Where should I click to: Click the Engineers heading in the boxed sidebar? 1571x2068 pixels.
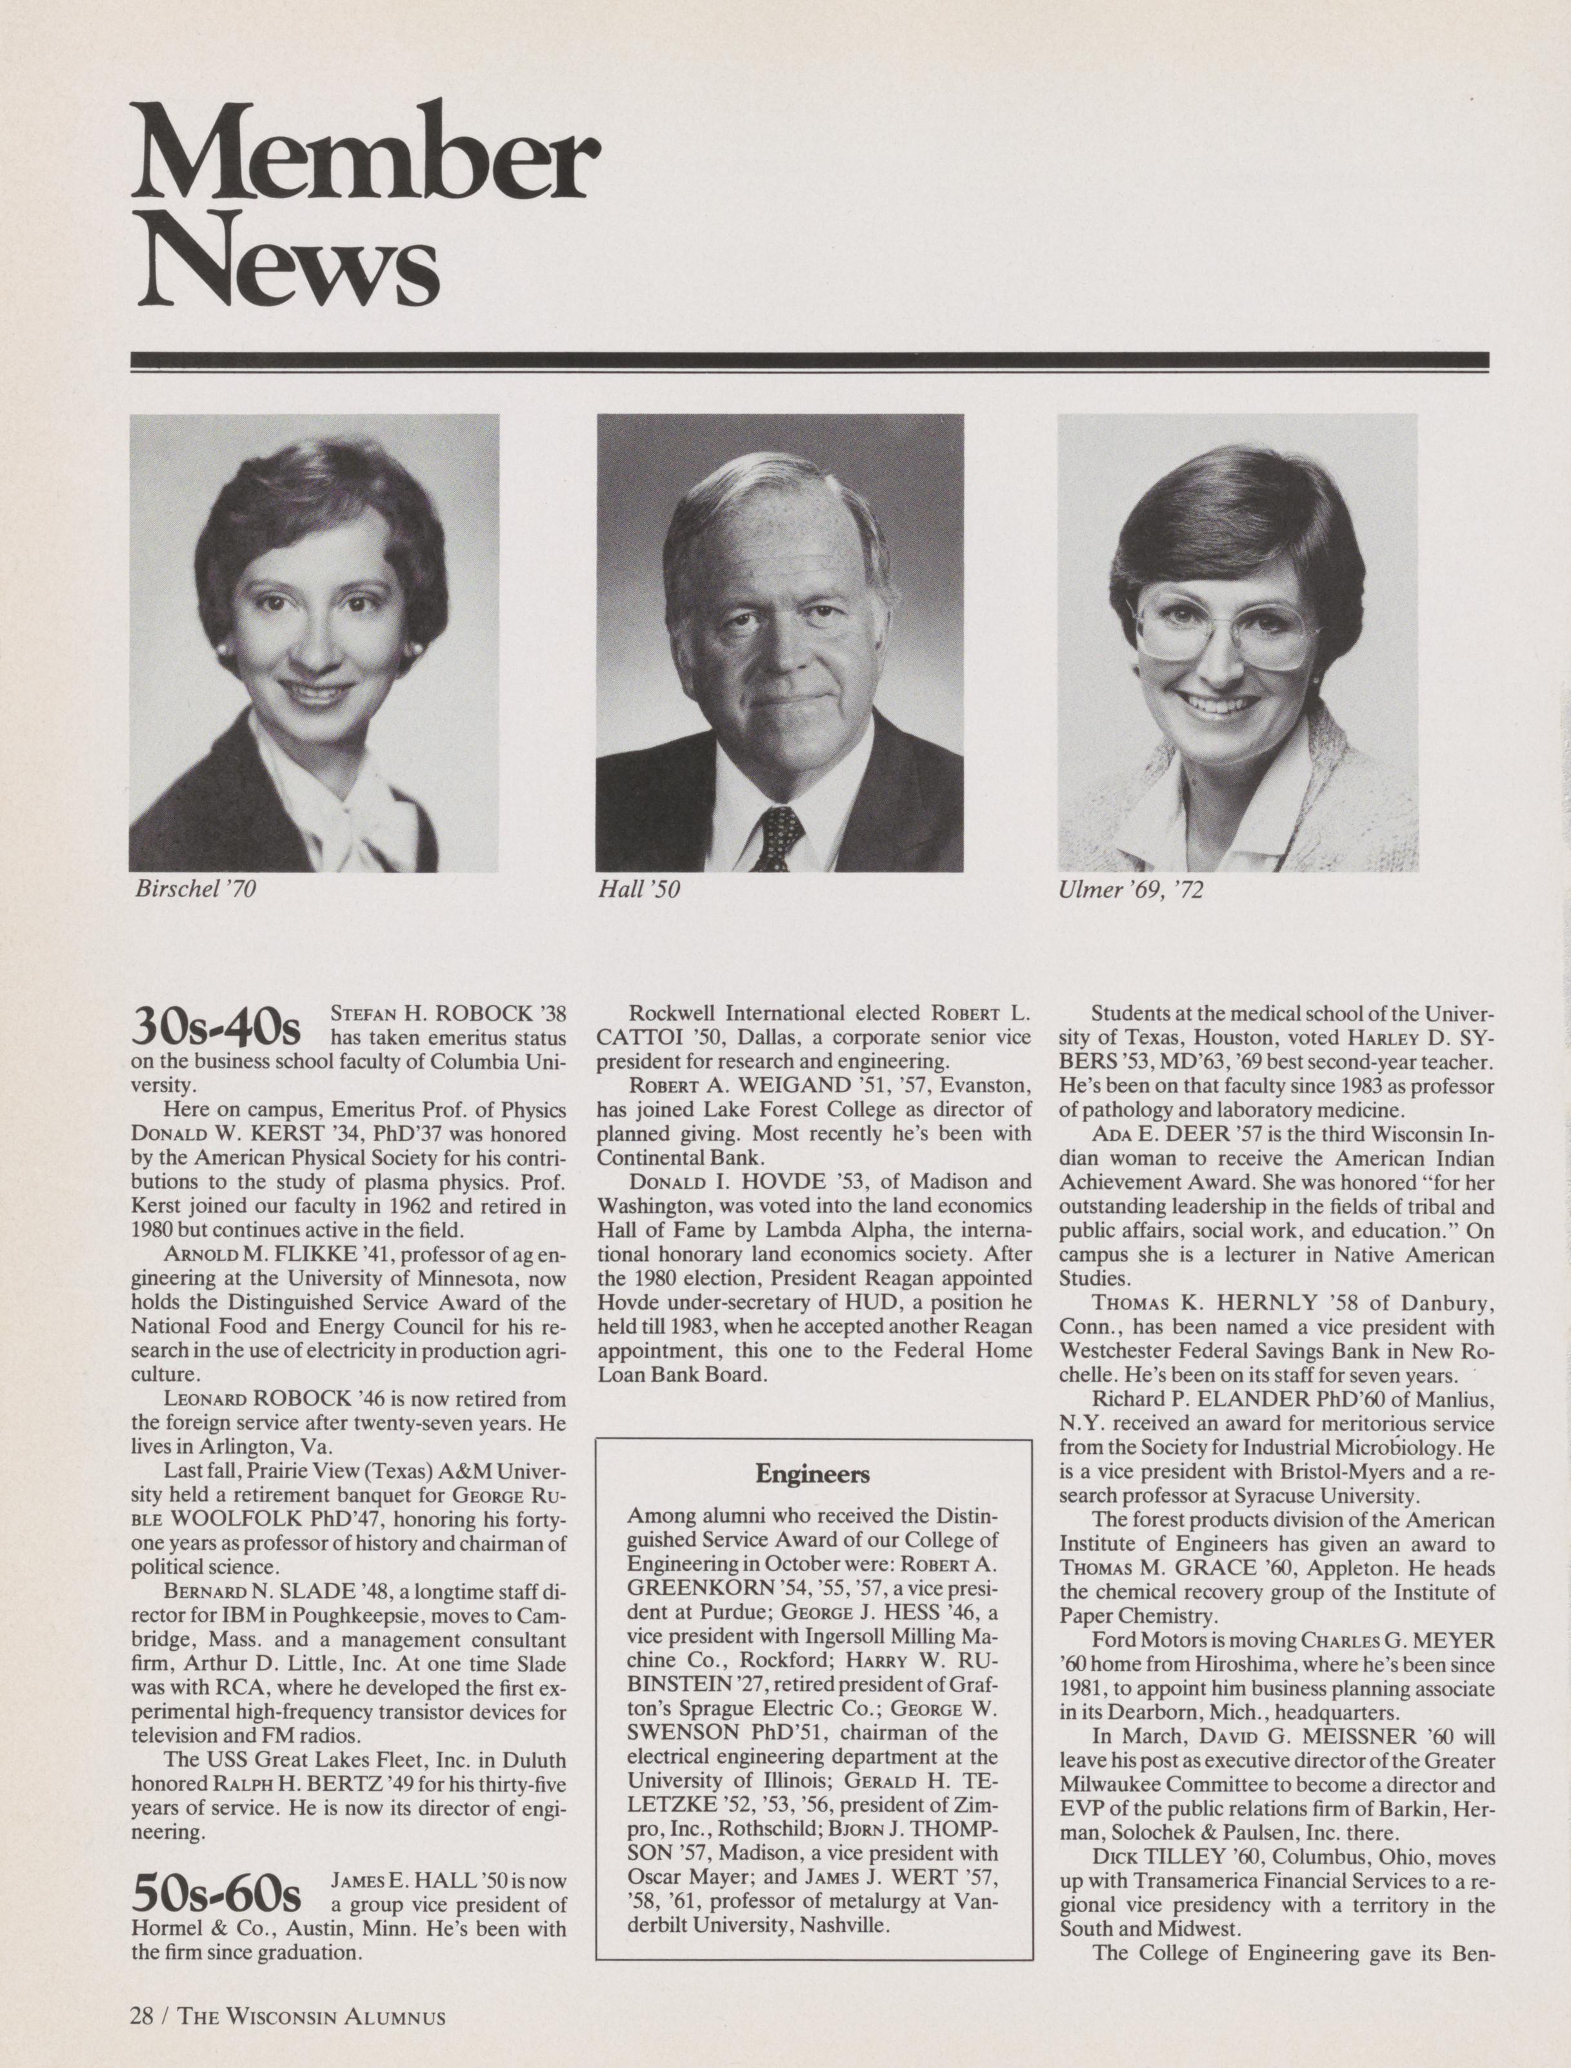[813, 1475]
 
